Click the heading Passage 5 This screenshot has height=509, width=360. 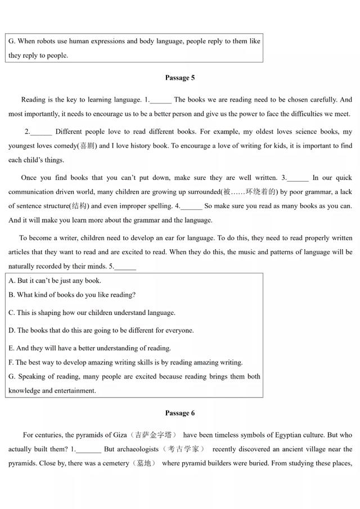[180, 78]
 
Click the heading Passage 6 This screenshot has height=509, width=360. [180, 413]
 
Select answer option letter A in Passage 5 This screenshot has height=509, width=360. [12, 280]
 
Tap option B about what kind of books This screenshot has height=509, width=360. [12, 295]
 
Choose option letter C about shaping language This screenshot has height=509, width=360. [12, 312]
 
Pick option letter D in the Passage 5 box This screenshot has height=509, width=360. [12, 330]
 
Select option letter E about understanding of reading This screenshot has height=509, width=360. [12, 348]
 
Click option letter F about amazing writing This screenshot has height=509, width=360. [11, 362]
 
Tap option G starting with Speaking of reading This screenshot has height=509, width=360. [12, 376]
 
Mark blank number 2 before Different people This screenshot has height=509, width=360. [40, 132]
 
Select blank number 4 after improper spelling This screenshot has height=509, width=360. [191, 206]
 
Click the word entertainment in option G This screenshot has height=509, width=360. [73, 390]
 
